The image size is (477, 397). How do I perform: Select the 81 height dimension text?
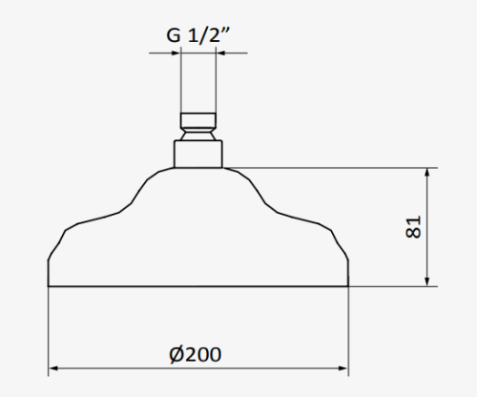pyautogui.click(x=413, y=227)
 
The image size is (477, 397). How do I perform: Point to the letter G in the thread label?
pyautogui.click(x=173, y=36)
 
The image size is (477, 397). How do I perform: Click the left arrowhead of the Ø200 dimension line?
pyautogui.click(x=53, y=367)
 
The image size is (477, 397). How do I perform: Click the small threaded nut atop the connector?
pyautogui.click(x=197, y=122)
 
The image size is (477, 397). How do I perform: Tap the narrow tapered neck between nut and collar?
pyautogui.click(x=197, y=136)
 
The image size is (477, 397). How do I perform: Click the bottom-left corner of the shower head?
pyautogui.click(x=49, y=285)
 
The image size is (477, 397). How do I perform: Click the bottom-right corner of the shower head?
pyautogui.click(x=347, y=285)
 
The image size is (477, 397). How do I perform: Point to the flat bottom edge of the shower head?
pyautogui.click(x=197, y=285)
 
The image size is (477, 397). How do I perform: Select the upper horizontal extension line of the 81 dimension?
pyautogui.click(x=334, y=169)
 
